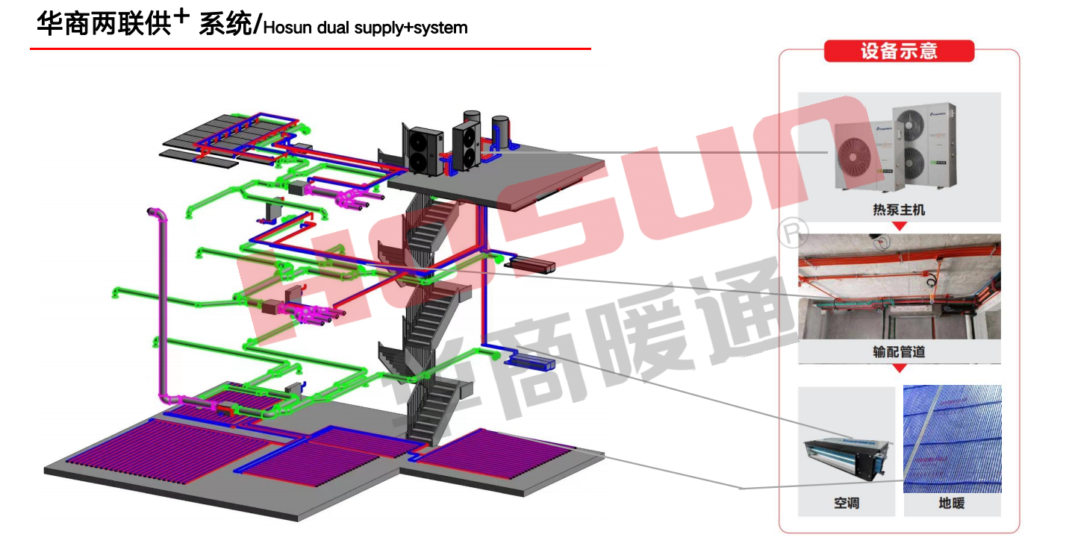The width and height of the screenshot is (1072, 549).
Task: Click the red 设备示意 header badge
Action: pyautogui.click(x=899, y=51)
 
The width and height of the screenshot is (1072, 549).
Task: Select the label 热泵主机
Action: pyautogui.click(x=899, y=210)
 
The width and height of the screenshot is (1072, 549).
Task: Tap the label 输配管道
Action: pyautogui.click(x=899, y=351)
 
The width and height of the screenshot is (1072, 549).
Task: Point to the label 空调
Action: pyautogui.click(x=847, y=503)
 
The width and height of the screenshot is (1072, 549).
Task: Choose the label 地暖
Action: pyautogui.click(x=952, y=503)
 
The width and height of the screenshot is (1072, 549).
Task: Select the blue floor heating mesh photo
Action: pyautogui.click(x=953, y=439)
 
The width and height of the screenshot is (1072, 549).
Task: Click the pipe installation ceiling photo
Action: pyautogui.click(x=899, y=287)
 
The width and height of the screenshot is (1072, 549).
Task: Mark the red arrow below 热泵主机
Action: pyautogui.click(x=900, y=225)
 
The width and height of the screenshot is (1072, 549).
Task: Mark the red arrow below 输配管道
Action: pyautogui.click(x=900, y=368)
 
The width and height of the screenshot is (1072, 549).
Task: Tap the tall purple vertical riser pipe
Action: pyautogui.click(x=161, y=298)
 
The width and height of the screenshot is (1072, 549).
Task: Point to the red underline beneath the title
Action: pyautogui.click(x=310, y=49)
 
